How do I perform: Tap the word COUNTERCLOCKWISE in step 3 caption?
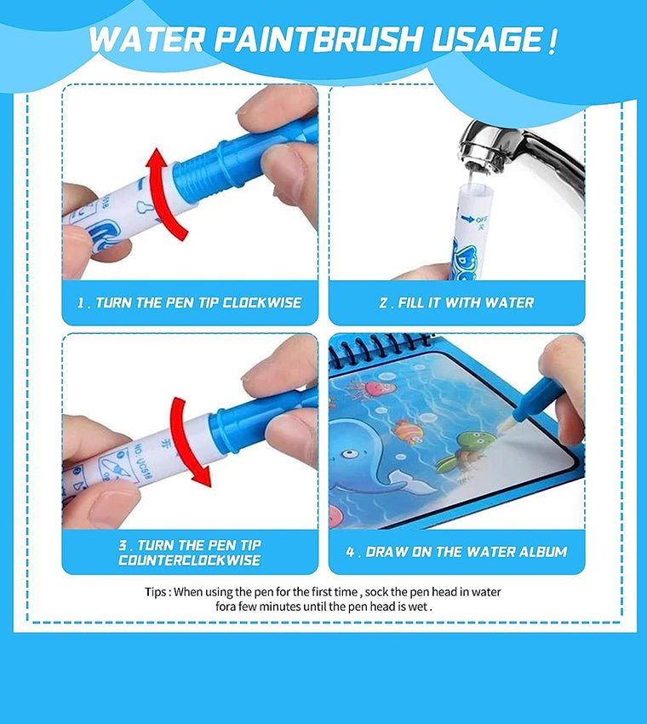coord(190,560)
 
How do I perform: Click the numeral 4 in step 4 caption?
coord(350,552)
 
